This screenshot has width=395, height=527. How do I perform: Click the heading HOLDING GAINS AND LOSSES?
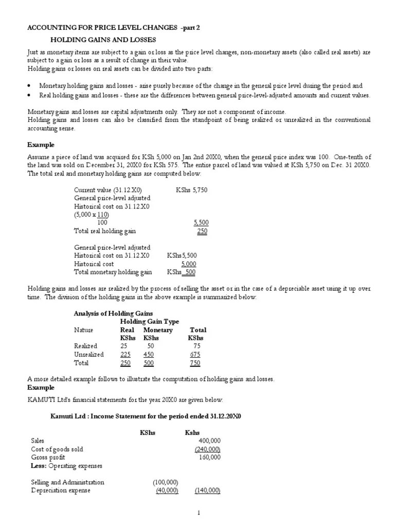(x=103, y=40)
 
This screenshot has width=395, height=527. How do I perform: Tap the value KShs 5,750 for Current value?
(x=191, y=190)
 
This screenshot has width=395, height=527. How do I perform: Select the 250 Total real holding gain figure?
(x=202, y=231)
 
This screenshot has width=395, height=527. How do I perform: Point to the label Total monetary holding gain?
(x=113, y=272)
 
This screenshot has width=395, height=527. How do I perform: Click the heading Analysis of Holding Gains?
(x=113, y=313)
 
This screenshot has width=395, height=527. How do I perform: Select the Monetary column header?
(x=158, y=330)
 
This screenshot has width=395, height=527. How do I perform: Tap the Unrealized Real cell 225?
(x=125, y=355)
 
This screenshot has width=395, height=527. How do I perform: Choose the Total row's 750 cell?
(x=194, y=363)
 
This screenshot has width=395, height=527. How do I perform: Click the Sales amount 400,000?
(x=209, y=441)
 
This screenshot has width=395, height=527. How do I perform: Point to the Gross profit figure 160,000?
(x=209, y=457)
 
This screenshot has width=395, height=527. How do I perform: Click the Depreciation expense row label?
(x=60, y=490)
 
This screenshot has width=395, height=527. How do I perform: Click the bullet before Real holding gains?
(x=30, y=96)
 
